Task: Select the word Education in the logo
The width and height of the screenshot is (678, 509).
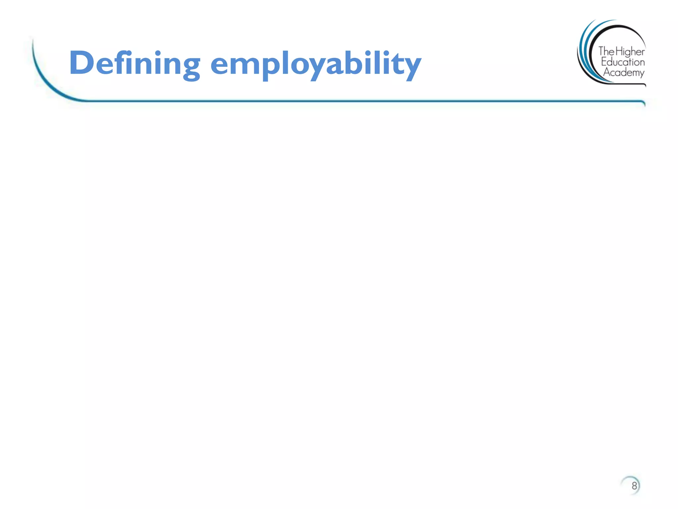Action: [623, 62]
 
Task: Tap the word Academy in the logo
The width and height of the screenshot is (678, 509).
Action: [624, 73]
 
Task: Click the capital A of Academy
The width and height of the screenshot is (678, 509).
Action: [607, 72]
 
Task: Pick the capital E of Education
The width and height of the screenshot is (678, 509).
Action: [604, 62]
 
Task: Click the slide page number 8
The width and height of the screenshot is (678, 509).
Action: [634, 486]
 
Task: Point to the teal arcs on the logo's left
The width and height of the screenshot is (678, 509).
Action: [585, 50]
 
